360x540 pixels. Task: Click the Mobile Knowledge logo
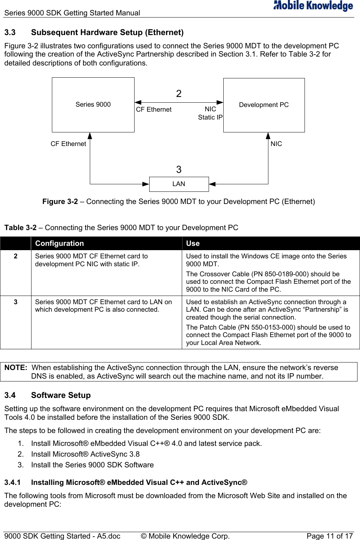point(313,6)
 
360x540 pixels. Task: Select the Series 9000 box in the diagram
point(93,104)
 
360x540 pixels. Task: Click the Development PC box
point(264,105)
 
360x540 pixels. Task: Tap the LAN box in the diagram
point(179,184)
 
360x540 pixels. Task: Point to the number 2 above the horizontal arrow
point(179,94)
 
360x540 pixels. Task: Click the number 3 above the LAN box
point(179,169)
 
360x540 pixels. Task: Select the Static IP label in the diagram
point(210,117)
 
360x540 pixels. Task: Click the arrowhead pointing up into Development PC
point(268,136)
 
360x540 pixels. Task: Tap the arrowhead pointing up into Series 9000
point(90,136)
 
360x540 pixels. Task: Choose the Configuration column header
point(59,243)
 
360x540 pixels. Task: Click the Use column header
point(193,243)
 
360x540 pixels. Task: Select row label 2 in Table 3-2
point(15,256)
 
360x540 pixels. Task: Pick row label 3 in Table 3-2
point(15,302)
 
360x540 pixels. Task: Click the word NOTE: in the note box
point(16,368)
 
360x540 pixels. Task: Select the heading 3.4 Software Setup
point(48,395)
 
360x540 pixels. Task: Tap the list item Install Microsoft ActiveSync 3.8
point(85,454)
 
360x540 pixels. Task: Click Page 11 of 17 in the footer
point(329,536)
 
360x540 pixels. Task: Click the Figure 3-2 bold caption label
point(60,201)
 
